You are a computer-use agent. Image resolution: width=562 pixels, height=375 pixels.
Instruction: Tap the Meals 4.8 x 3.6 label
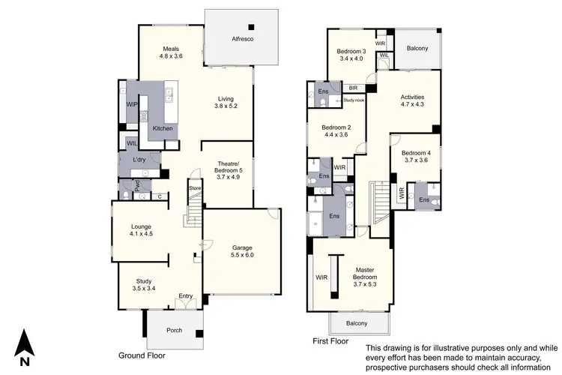pyautogui.click(x=171, y=52)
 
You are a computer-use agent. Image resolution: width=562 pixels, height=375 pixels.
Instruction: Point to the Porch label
pyautogui.click(x=173, y=330)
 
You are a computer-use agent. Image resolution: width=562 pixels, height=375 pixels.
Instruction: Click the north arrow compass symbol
pyautogui.click(x=25, y=346)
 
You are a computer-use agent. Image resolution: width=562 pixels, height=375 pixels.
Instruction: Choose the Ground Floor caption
pyautogui.click(x=142, y=355)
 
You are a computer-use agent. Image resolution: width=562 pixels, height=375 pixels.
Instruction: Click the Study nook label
pyautogui.click(x=354, y=100)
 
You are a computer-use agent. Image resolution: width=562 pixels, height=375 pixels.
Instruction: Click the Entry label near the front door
pyautogui.click(x=185, y=296)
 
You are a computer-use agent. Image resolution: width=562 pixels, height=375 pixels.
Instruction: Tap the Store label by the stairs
pyautogui.click(x=194, y=188)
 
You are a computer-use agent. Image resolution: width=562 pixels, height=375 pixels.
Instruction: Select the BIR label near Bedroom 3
pyautogui.click(x=351, y=88)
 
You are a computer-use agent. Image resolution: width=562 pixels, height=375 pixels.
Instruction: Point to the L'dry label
pyautogui.click(x=139, y=160)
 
